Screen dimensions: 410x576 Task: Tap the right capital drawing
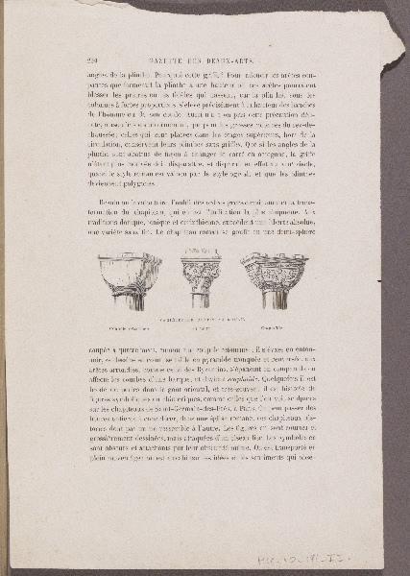click(x=275, y=278)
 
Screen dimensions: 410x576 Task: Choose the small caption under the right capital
click(x=271, y=328)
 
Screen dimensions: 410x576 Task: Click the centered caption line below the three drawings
click(x=201, y=318)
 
